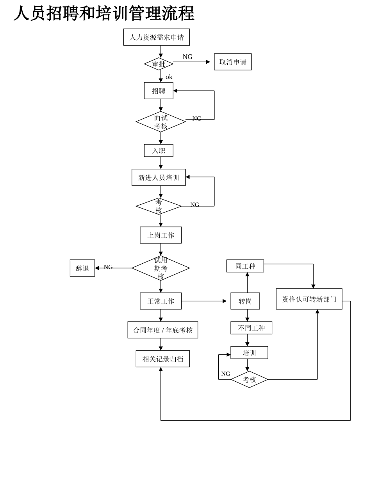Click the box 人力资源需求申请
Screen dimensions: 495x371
coord(157,37)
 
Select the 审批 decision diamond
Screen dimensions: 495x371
coord(159,64)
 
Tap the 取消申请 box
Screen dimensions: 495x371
coord(233,62)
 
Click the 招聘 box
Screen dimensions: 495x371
coord(159,91)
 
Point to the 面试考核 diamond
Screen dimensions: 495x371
coord(161,122)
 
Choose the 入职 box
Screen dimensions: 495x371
coord(159,150)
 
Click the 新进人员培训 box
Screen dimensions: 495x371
coord(159,177)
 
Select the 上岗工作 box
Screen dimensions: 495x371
coord(161,235)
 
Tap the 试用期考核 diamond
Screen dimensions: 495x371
coord(161,268)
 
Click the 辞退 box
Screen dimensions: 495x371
coord(82,268)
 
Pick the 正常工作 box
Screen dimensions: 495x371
coord(161,301)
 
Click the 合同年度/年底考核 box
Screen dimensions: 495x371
coord(163,330)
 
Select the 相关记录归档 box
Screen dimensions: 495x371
coord(163,359)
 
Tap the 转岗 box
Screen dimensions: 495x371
coord(245,301)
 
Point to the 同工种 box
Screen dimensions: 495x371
coord(245,266)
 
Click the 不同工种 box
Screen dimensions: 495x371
coord(251,328)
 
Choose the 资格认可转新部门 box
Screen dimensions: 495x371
coord(309,299)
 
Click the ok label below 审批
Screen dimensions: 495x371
coord(169,77)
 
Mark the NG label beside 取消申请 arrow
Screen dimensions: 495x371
coord(187,57)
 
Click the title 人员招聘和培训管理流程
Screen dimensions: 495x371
coord(104,13)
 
